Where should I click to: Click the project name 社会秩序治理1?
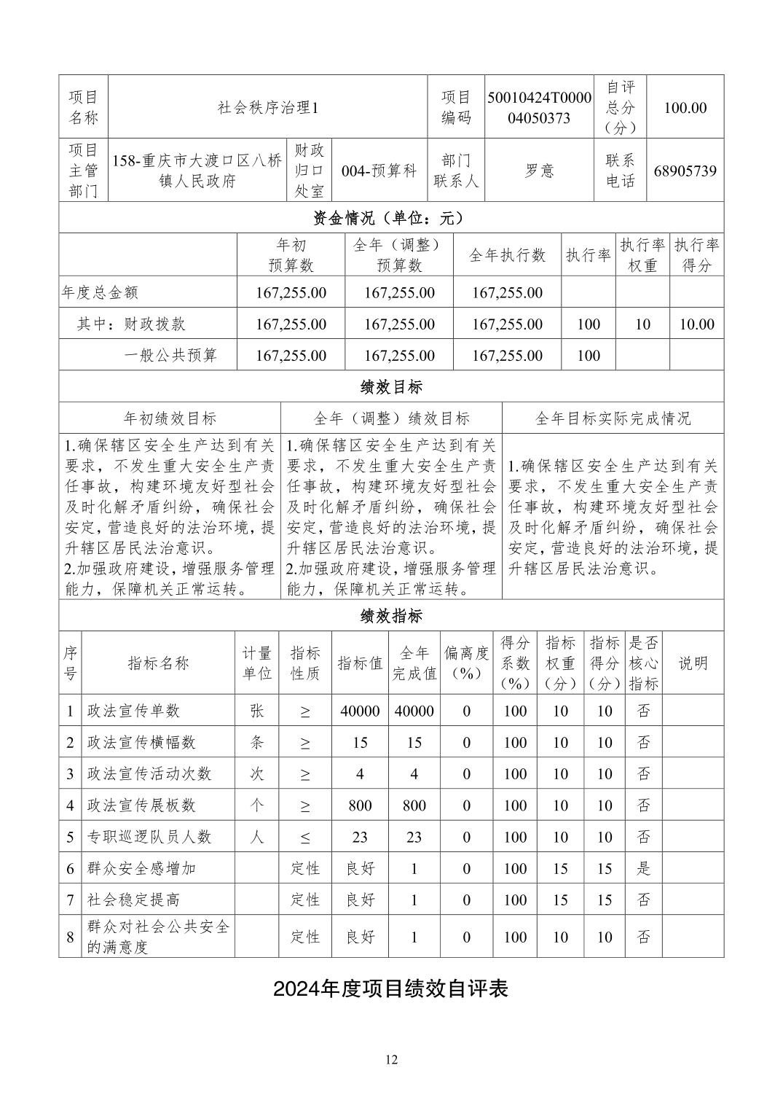click(x=268, y=108)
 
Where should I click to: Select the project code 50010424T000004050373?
click(x=539, y=108)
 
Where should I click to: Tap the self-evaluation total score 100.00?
click(x=685, y=108)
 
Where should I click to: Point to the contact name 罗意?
click(x=539, y=171)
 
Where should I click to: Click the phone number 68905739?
click(x=685, y=171)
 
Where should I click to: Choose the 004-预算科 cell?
click(x=379, y=171)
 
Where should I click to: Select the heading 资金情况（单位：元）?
click(x=391, y=218)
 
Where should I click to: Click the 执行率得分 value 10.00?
click(x=696, y=324)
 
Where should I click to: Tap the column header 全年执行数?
click(x=507, y=255)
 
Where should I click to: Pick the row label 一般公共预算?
click(x=170, y=356)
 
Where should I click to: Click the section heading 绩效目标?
click(x=391, y=386)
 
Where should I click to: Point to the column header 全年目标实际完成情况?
click(x=613, y=418)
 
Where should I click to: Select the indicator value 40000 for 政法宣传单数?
click(x=360, y=711)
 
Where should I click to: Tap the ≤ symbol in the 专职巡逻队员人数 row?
click(x=305, y=838)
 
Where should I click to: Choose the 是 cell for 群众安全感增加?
click(x=643, y=869)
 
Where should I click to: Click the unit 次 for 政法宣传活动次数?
click(x=256, y=774)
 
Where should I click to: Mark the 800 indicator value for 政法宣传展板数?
click(x=360, y=805)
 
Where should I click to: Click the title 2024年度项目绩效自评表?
click(x=391, y=988)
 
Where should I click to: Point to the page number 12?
click(x=392, y=1060)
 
